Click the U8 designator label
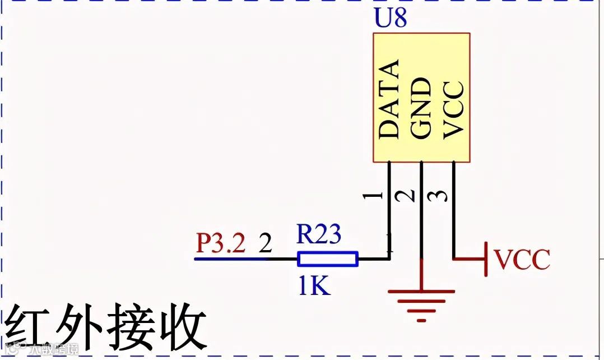pyautogui.click(x=390, y=19)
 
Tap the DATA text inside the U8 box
pyautogui.click(x=389, y=99)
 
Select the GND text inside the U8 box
pyautogui.click(x=421, y=108)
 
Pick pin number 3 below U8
pyautogui.click(x=439, y=196)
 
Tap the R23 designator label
pyautogui.click(x=318, y=234)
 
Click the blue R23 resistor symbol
pyautogui.click(x=328, y=259)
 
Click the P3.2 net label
pyautogui.click(x=221, y=244)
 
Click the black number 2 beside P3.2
pyautogui.click(x=266, y=244)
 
